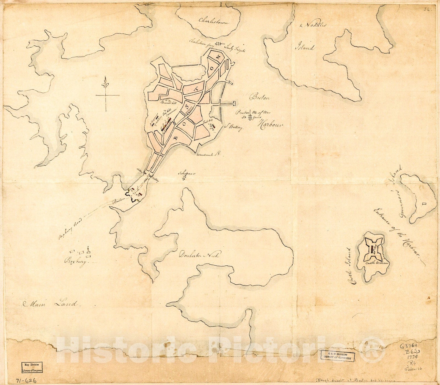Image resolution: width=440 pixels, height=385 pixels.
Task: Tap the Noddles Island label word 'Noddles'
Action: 313,25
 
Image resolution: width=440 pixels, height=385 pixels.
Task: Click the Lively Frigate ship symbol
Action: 219,44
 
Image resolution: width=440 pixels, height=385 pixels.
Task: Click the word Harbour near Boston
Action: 270,125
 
